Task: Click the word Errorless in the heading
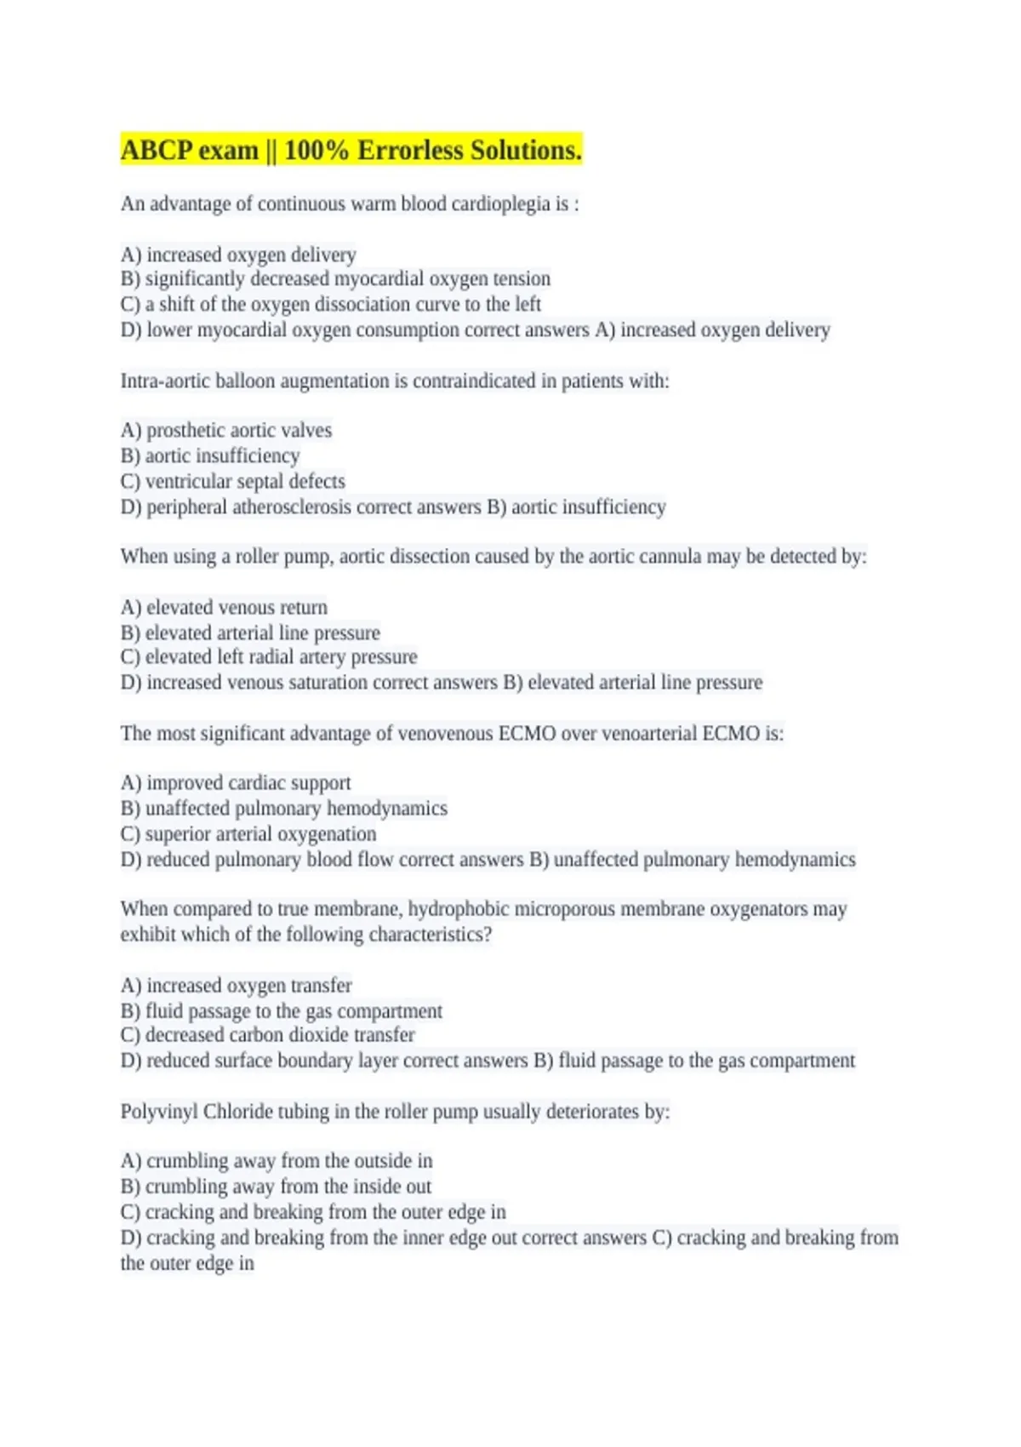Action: coord(410,151)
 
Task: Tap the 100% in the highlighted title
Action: coord(317,151)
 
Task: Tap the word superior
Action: coord(179,834)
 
